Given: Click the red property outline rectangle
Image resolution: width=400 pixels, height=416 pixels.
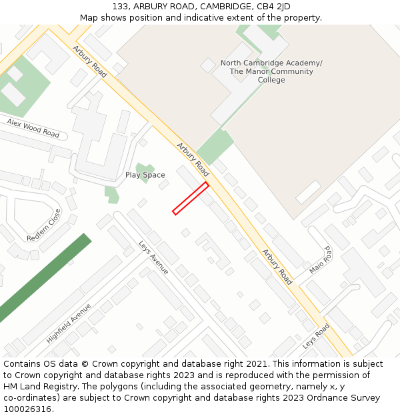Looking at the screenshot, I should [191, 198].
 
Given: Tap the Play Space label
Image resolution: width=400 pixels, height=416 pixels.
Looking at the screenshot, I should [145, 175].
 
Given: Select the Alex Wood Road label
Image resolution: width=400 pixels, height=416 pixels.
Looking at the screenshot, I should [33, 128].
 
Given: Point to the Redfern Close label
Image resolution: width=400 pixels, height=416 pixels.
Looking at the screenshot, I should [44, 225].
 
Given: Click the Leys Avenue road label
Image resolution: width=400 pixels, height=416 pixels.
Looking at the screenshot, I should [153, 258].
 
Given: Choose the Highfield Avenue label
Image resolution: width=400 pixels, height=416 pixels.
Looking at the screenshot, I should [69, 323].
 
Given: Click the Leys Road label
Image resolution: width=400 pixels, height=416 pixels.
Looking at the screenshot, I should [316, 336].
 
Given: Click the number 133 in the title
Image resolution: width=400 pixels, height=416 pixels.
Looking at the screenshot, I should [121, 7].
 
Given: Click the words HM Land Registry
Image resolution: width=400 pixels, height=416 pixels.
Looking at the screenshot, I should [35, 386].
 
